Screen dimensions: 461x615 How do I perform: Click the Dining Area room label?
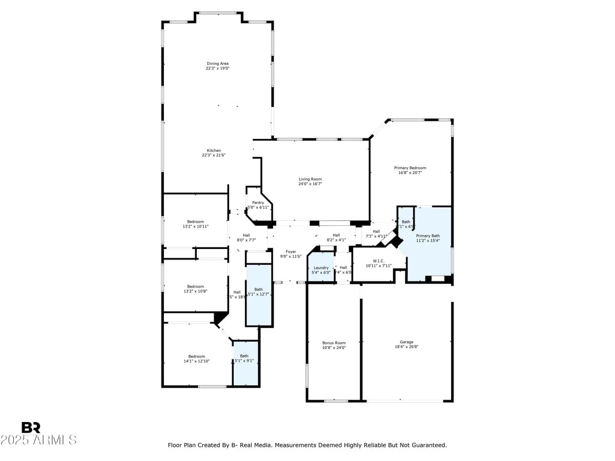[x=217, y=64]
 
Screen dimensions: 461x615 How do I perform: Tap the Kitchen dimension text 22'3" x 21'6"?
[x=214, y=155]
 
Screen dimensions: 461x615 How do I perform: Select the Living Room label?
[x=310, y=179]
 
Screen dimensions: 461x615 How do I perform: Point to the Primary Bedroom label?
[x=410, y=167]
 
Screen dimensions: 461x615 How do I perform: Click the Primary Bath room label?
[x=427, y=236]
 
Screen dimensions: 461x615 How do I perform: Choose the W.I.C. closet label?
[x=379, y=261]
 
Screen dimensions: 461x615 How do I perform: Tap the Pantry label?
[x=258, y=202]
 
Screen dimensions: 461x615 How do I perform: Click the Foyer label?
[x=291, y=252]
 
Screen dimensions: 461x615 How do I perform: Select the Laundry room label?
[x=321, y=267]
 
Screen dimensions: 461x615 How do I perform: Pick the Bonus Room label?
[x=334, y=343]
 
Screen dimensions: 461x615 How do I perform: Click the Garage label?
[x=406, y=342]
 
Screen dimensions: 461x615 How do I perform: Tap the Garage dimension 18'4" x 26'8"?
[x=406, y=347]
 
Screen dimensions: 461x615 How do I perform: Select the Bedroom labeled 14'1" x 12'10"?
[x=196, y=357]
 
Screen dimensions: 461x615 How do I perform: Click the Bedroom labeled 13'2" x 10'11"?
[x=195, y=222]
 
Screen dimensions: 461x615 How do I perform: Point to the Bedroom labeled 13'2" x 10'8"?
[x=195, y=286]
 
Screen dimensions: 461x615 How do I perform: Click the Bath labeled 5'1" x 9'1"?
[x=244, y=356]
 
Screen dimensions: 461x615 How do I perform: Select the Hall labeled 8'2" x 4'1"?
[x=336, y=235]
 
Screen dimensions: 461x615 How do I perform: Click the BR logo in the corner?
[x=31, y=428]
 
